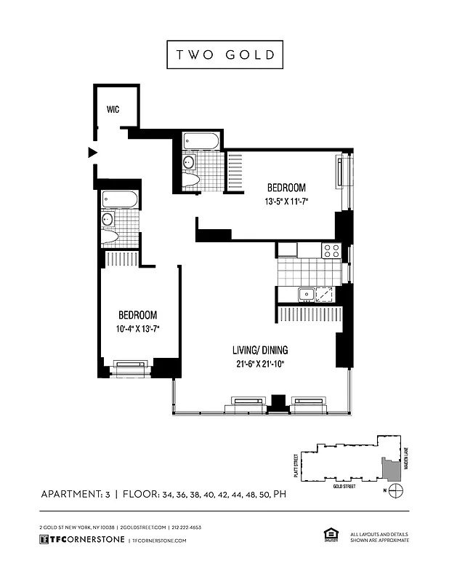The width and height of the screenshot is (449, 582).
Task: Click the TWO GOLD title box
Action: [x=224, y=55]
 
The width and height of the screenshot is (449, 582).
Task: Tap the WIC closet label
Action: [x=113, y=109]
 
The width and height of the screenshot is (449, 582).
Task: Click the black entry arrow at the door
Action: [x=92, y=152]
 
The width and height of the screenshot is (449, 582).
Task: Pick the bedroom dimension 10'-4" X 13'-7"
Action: [x=138, y=329]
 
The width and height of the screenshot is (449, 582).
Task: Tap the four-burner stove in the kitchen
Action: [x=331, y=250]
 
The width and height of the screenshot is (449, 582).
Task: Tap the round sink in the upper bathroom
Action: [x=188, y=162]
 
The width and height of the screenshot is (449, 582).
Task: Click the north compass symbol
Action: [x=395, y=493]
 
